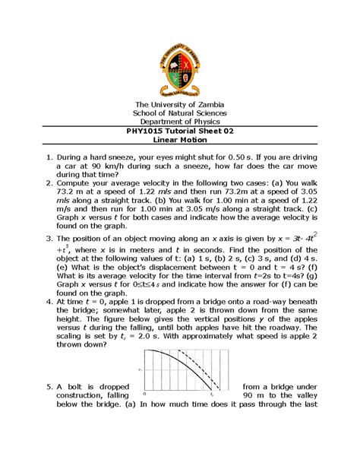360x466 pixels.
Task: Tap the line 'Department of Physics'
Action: [x=179, y=119]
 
